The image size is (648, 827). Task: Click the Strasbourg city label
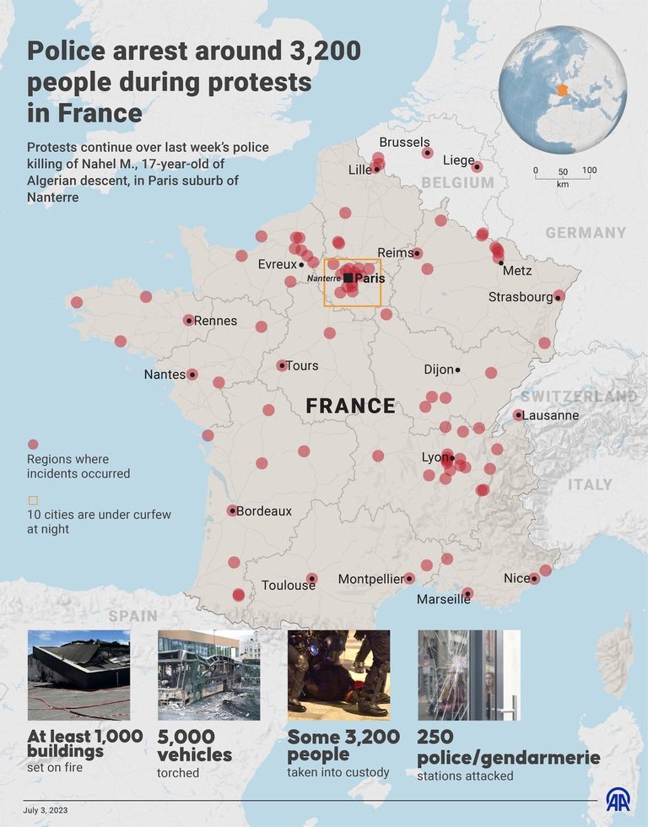tap(520, 297)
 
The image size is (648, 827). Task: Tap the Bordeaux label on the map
tap(263, 511)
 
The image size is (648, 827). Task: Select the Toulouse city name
tap(288, 585)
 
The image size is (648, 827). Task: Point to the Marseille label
tap(443, 599)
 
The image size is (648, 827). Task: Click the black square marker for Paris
tap(348, 278)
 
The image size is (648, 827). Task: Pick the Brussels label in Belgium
tap(404, 143)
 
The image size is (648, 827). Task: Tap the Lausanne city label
tap(550, 415)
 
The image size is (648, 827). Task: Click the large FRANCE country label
tap(350, 406)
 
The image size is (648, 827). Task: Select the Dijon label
tap(438, 370)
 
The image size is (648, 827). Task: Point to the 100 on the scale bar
tap(589, 170)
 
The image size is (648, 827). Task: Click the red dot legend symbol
tap(33, 444)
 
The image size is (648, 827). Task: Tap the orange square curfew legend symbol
tap(33, 499)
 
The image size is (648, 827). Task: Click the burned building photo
tap(78, 674)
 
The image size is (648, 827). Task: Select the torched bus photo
tap(208, 674)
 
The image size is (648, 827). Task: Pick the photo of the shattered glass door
tap(468, 674)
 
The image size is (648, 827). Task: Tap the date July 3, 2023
tap(47, 810)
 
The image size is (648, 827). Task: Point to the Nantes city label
tap(165, 375)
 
